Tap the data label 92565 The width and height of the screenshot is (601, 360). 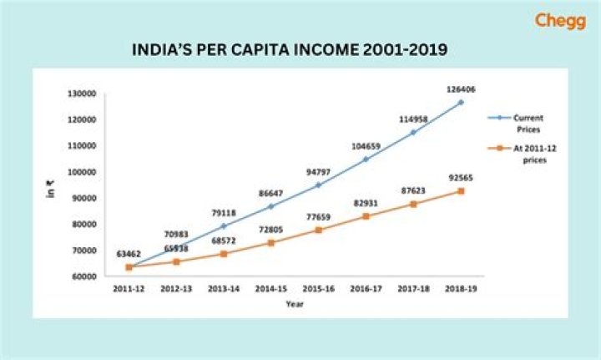[460, 177]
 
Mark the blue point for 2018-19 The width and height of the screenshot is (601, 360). [460, 103]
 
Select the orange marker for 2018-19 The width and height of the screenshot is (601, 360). [460, 191]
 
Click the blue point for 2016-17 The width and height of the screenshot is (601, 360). [366, 159]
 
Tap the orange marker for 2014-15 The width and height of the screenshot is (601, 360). [270, 242]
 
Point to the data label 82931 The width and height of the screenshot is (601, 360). [365, 203]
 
